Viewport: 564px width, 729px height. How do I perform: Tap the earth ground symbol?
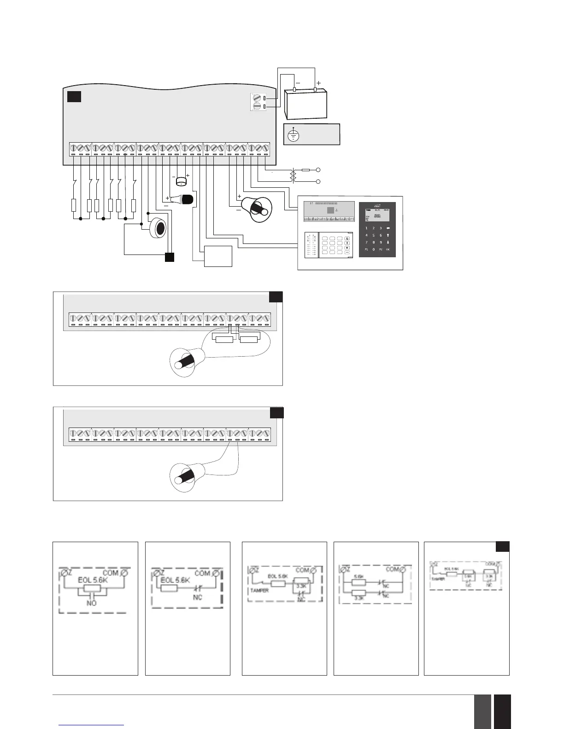coord(294,135)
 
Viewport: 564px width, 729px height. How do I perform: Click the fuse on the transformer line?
coord(305,170)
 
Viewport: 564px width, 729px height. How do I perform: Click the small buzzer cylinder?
coord(181,181)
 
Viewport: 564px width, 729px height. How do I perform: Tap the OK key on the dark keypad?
coord(388,249)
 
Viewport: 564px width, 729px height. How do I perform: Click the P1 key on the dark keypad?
coord(367,249)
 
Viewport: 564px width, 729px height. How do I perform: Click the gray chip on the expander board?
coord(329,210)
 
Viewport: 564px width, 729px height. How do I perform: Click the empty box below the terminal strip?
coord(218,256)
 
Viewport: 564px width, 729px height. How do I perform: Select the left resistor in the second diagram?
coord(224,339)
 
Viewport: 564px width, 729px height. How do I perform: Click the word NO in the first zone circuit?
coord(92,603)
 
